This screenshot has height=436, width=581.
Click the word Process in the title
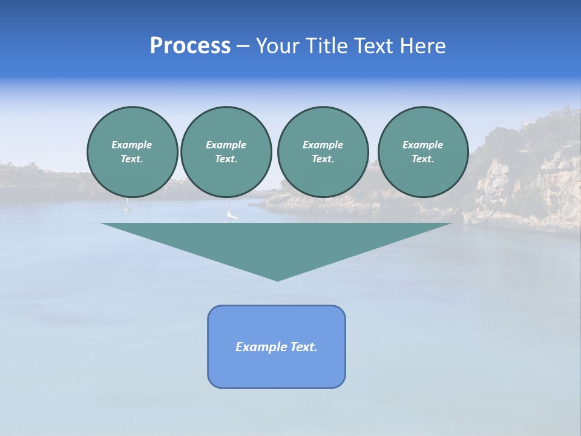190,46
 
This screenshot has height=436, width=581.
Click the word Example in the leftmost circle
132,145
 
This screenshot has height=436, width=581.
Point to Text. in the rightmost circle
423,159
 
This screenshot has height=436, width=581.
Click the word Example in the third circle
323,145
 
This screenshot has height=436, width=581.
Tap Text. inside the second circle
226,159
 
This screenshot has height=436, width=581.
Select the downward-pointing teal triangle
277,242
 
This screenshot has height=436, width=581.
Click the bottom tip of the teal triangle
277,279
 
